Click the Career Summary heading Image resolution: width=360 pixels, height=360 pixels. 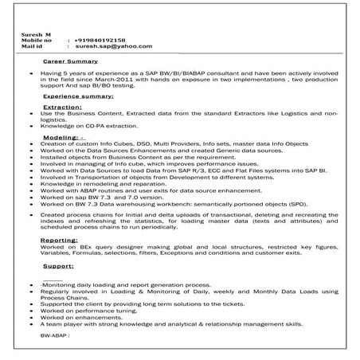point(70,61)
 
